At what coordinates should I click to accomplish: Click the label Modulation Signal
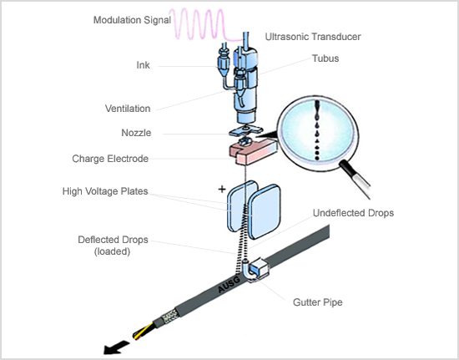132,20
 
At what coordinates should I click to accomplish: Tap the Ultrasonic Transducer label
313,37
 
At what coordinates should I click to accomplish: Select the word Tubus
325,58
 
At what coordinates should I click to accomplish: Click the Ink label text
144,65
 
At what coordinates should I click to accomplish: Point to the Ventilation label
128,109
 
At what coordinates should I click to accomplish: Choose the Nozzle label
136,133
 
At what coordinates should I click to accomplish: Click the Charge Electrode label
110,159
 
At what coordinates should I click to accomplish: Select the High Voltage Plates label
105,191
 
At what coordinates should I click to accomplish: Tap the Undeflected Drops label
353,213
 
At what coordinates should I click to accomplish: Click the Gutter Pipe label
318,302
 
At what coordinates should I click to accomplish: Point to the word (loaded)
112,251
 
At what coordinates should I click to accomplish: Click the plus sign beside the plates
222,190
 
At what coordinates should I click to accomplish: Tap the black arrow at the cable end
116,347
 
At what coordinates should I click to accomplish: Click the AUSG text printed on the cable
229,285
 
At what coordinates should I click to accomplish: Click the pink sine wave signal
205,24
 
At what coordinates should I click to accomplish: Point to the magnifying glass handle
355,180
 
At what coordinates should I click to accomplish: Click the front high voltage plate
265,211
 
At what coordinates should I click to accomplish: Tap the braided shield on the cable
170,317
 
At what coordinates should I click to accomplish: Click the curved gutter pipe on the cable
245,271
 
